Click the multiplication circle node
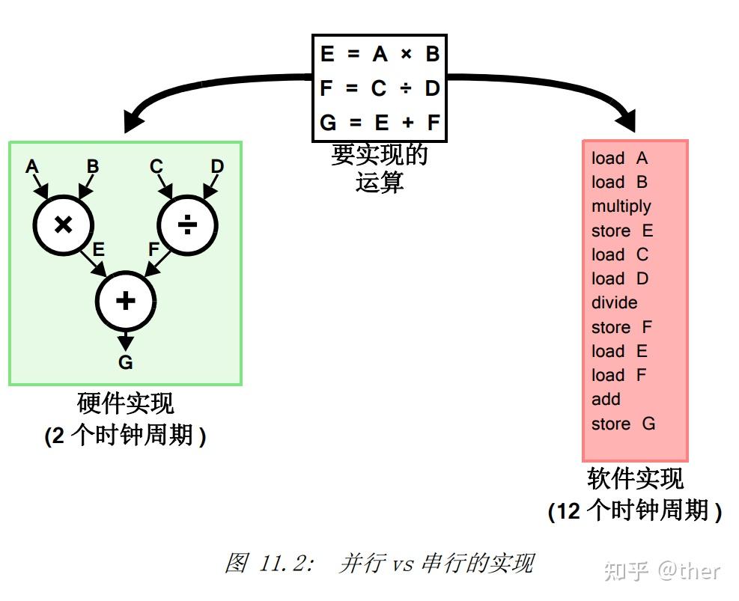point(64,225)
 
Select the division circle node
point(187,225)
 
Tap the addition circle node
point(126,301)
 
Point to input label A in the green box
point(31,166)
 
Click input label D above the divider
point(217,166)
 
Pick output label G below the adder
point(126,363)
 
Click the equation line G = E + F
point(380,122)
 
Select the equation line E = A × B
point(380,54)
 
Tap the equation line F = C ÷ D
point(380,88)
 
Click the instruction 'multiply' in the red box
point(621,207)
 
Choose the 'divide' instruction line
point(614,303)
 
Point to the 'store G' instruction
point(623,424)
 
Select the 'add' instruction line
point(606,400)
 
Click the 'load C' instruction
point(619,254)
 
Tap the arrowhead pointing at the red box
point(626,123)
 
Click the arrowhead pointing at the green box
point(135,123)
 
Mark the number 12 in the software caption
point(568,512)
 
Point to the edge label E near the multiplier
point(99,250)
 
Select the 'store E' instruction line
point(622,231)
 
